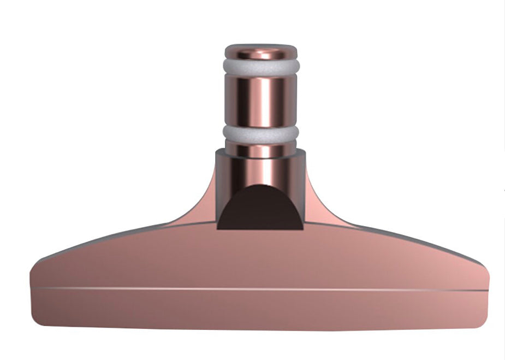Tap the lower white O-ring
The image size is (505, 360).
pos(261,134)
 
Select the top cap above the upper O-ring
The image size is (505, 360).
pos(261,51)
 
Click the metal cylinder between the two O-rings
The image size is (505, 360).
pos(261,101)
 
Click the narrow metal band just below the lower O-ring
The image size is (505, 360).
pos(261,149)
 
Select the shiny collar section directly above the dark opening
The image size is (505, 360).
pos(261,169)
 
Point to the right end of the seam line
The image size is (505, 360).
pos(486,289)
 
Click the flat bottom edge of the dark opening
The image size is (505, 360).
pos(260,228)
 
